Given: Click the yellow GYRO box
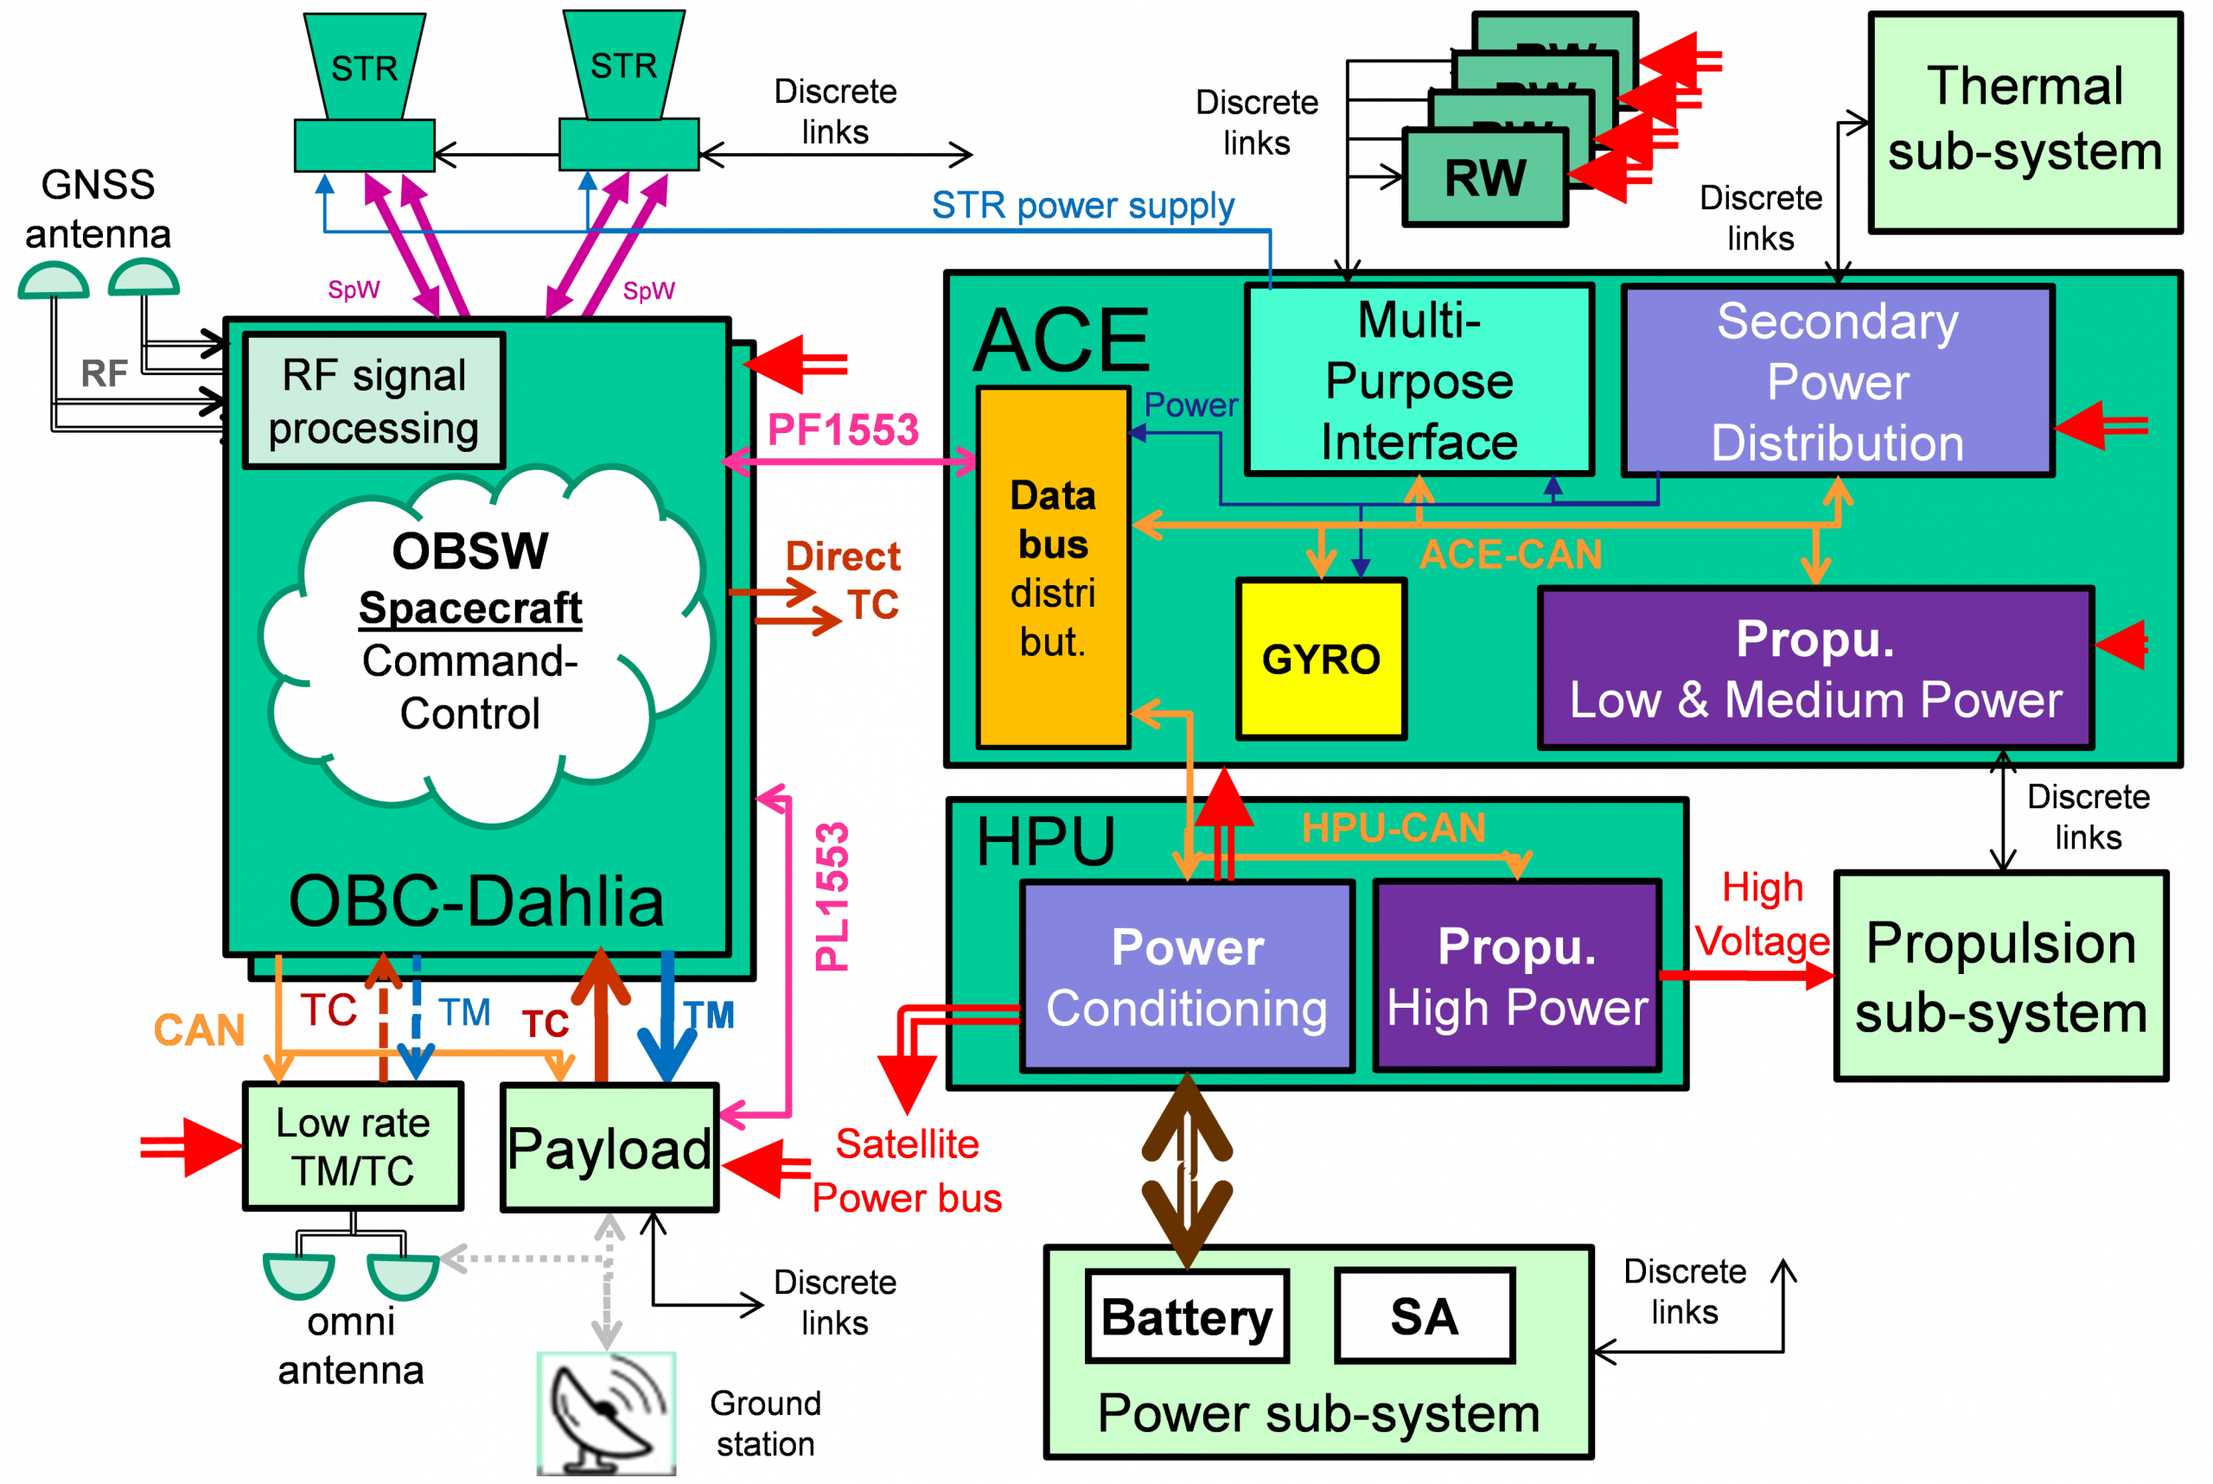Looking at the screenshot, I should (x=1322, y=659).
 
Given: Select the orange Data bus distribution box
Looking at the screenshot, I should (x=1053, y=568).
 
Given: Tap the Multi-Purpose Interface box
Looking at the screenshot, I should (x=1419, y=380).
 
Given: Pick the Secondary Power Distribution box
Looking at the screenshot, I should (x=1837, y=381).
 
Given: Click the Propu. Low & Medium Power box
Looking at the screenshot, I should (x=1815, y=668).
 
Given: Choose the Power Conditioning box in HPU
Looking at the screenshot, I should (x=1187, y=977).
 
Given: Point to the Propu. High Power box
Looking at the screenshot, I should (x=1517, y=977).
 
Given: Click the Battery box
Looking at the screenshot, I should (x=1187, y=1316).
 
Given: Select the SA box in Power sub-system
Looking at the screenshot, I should (x=1424, y=1316).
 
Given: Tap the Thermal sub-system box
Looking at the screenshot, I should (x=2025, y=121).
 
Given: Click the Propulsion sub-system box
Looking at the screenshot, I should (x=2000, y=977).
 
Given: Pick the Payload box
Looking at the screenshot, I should (x=609, y=1148).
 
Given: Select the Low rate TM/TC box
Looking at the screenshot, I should (x=352, y=1146).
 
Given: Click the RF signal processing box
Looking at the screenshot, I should (x=374, y=401).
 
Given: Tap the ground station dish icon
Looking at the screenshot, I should (x=606, y=1413).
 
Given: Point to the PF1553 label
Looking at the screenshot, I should (x=843, y=430).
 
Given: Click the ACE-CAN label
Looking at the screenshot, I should (x=1511, y=555).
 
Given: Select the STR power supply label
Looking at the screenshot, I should (x=1083, y=206).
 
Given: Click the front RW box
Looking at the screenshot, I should (x=1484, y=178).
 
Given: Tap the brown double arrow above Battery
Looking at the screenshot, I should (x=1187, y=1172).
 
